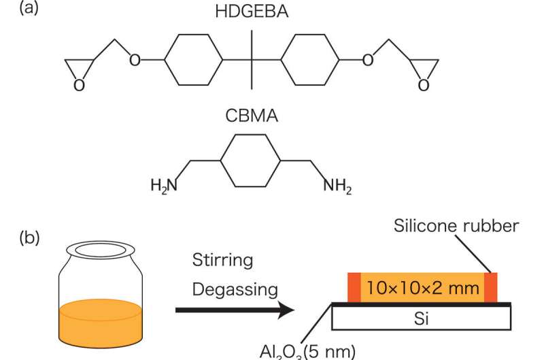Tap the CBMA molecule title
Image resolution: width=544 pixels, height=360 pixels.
[251, 116]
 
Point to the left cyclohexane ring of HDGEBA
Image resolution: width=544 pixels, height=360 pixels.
[194, 61]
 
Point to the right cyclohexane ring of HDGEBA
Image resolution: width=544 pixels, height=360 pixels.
[309, 61]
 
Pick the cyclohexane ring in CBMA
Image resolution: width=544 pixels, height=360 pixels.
[251, 161]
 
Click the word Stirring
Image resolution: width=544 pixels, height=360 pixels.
[222, 261]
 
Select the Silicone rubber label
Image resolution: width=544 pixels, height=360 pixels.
[456, 227]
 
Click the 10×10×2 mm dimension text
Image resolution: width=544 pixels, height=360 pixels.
[422, 288]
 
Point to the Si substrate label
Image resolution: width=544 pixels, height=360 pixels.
[422, 317]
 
